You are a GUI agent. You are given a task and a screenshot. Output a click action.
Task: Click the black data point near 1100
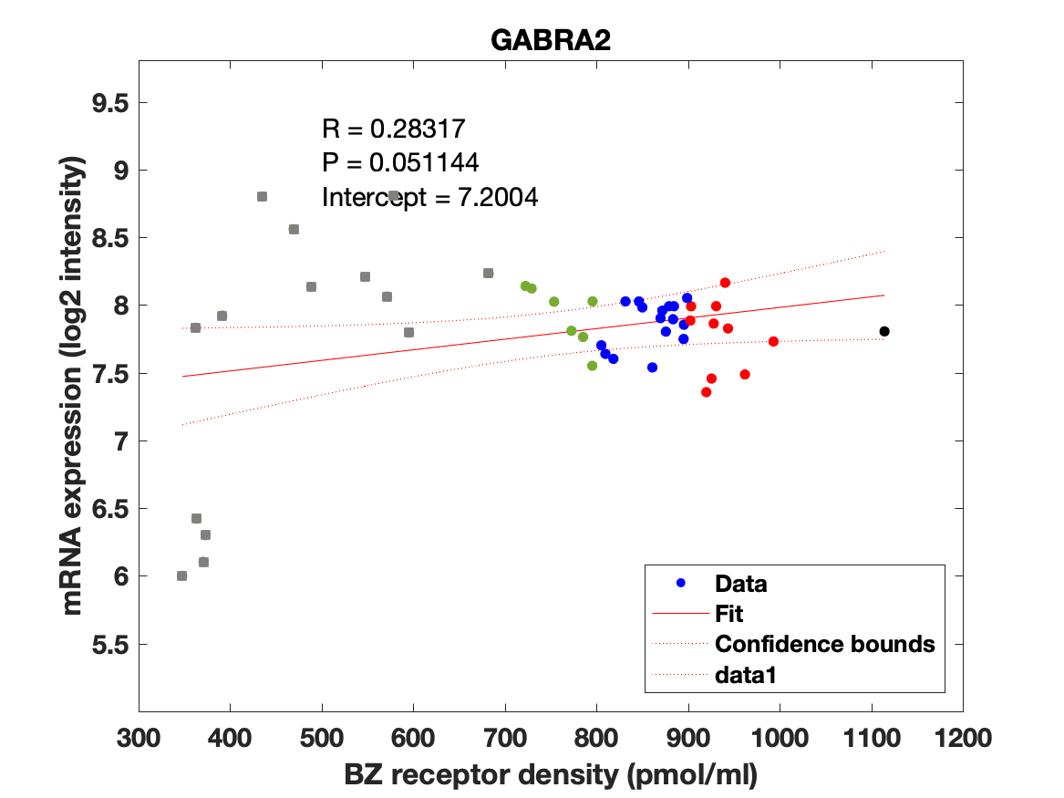coord(884,331)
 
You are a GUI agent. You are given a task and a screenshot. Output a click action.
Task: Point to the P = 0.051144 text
coord(400,162)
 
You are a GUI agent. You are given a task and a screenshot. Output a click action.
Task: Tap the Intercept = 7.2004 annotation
coord(429,196)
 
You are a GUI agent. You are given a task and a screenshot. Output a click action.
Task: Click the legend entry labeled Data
coord(740,584)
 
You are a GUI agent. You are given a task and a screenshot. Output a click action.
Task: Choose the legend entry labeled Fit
coord(729,614)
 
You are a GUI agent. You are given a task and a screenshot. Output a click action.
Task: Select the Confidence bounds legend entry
coord(824,644)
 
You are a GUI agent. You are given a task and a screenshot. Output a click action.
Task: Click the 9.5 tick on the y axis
coord(108,103)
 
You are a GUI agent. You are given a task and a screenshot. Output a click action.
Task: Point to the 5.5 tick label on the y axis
coord(108,645)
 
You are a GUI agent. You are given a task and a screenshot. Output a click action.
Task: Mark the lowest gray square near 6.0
coord(181,575)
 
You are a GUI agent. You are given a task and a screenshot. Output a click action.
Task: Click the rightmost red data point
coord(773,341)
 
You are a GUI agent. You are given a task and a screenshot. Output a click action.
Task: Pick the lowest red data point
coord(706,392)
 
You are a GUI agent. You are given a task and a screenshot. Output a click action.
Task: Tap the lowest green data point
coord(592,366)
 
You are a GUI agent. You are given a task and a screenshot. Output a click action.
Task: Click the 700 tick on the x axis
coord(504,736)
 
